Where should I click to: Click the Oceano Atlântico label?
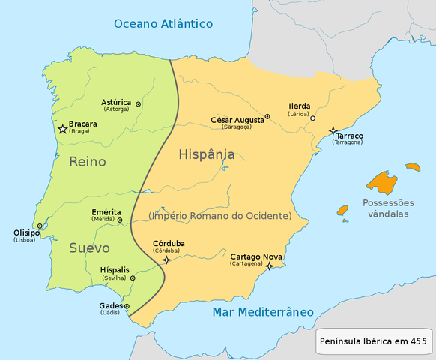click(163, 24)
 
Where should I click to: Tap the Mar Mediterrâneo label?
click(262, 312)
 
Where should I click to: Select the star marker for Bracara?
click(63, 130)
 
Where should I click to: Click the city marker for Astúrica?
click(138, 104)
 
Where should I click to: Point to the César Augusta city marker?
click(267, 117)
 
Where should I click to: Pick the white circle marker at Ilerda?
click(313, 118)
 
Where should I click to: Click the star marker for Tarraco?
click(333, 131)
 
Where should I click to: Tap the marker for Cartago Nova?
click(269, 265)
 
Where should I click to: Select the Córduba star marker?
click(166, 259)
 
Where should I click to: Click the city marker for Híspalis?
click(133, 278)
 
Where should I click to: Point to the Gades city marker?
click(127, 306)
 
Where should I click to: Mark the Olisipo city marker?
click(40, 226)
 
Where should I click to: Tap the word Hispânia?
click(207, 155)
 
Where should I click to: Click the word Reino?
click(87, 161)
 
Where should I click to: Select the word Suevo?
click(90, 247)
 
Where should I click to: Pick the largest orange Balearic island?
click(382, 182)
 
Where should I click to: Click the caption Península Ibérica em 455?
click(373, 341)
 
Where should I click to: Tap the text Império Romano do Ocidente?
click(219, 216)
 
